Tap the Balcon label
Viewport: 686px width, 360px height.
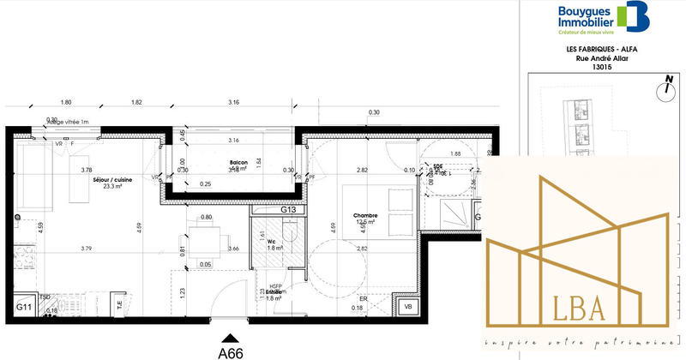[238, 162]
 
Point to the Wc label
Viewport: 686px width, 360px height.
[272, 241]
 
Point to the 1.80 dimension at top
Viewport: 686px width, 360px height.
[66, 102]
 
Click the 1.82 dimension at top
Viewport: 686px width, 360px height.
[136, 102]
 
